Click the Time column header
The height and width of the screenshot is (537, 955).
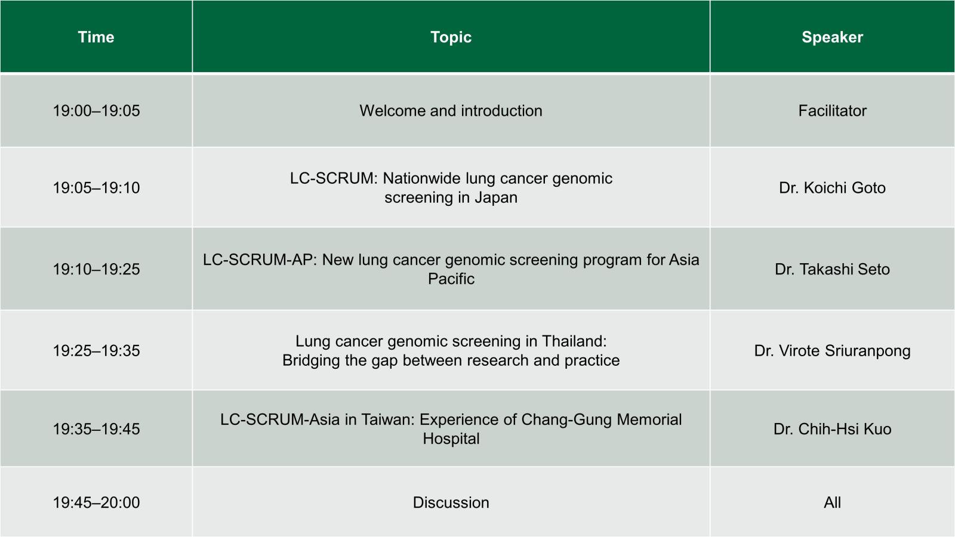click(x=96, y=37)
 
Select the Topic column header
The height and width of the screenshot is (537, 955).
click(x=451, y=38)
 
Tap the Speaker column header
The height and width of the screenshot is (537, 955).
click(x=832, y=38)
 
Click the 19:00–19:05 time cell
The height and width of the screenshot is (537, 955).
click(x=96, y=111)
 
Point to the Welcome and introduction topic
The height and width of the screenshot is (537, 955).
click(x=451, y=111)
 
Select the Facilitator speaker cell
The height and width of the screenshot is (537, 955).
click(x=832, y=111)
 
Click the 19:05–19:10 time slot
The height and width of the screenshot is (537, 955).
click(x=96, y=188)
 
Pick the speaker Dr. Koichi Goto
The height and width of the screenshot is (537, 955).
click(x=832, y=188)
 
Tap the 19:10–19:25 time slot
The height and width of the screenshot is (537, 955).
click(x=96, y=269)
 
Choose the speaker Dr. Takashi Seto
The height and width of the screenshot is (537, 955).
click(x=832, y=269)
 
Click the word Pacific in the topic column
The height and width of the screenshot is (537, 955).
click(x=451, y=279)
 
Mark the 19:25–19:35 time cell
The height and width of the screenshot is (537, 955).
click(x=96, y=351)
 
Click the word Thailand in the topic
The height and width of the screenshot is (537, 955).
click(x=574, y=341)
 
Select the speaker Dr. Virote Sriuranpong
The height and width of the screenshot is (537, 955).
click(x=832, y=351)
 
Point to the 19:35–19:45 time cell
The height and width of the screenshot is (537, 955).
click(x=96, y=429)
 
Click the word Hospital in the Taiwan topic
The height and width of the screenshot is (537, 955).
click(x=451, y=439)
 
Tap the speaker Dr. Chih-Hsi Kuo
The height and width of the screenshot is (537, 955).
click(x=832, y=429)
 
